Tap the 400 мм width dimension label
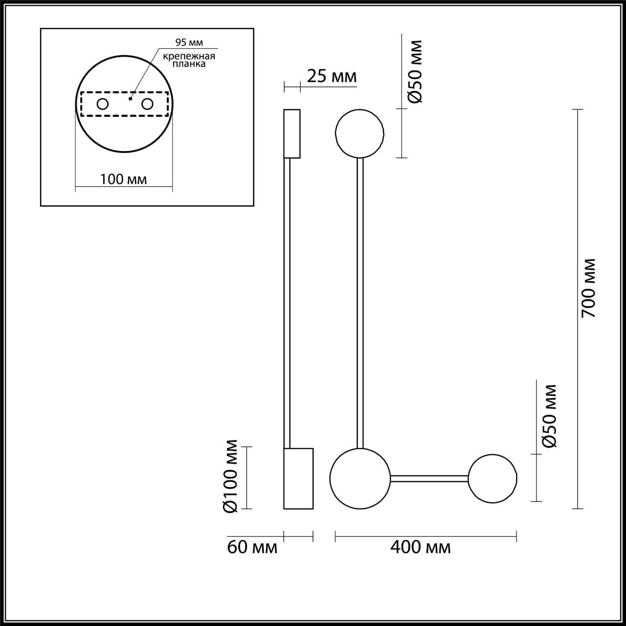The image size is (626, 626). click(421, 547)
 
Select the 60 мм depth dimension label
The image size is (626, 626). click(252, 547)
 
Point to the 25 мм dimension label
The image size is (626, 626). click(332, 76)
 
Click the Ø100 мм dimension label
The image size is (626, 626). click(230, 476)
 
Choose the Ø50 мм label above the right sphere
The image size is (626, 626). click(550, 416)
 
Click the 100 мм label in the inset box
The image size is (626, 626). click(123, 179)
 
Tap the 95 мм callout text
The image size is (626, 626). click(188, 43)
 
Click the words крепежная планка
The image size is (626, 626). click(189, 60)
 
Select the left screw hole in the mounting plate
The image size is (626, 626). click(103, 104)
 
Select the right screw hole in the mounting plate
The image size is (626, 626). click(147, 104)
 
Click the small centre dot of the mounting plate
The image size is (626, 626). click(130, 98)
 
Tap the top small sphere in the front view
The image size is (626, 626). click(359, 133)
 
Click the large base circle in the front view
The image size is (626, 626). click(360, 478)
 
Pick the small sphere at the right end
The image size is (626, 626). click(492, 478)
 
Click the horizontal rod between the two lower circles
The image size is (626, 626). click(429, 478)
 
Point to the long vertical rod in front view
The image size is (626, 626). click(360, 303)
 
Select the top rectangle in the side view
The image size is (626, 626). click(292, 134)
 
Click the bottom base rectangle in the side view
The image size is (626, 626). click(298, 478)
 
